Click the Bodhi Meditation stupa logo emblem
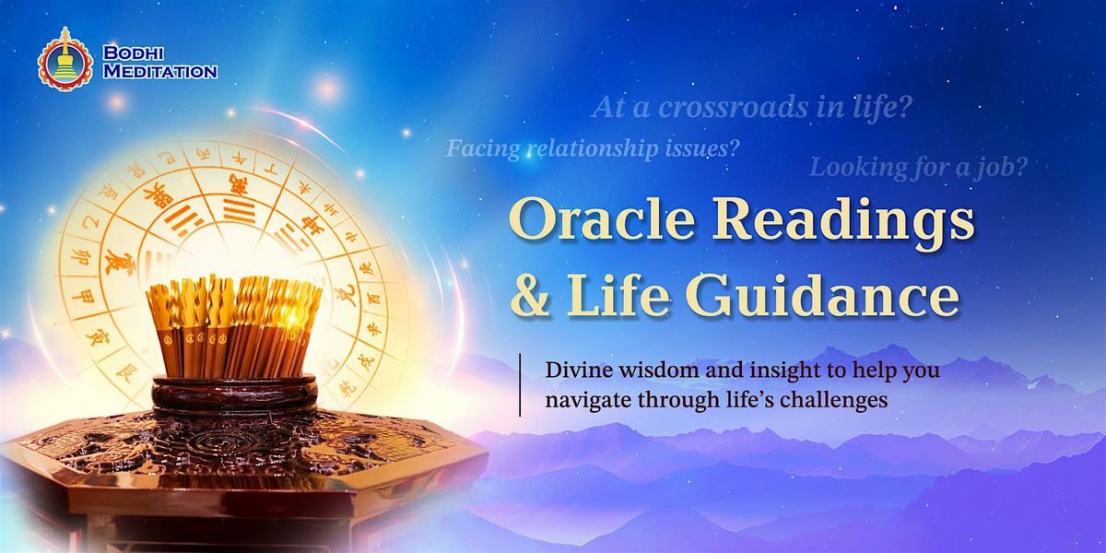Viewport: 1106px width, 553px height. coord(65,58)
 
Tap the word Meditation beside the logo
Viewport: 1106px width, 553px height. coord(159,71)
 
